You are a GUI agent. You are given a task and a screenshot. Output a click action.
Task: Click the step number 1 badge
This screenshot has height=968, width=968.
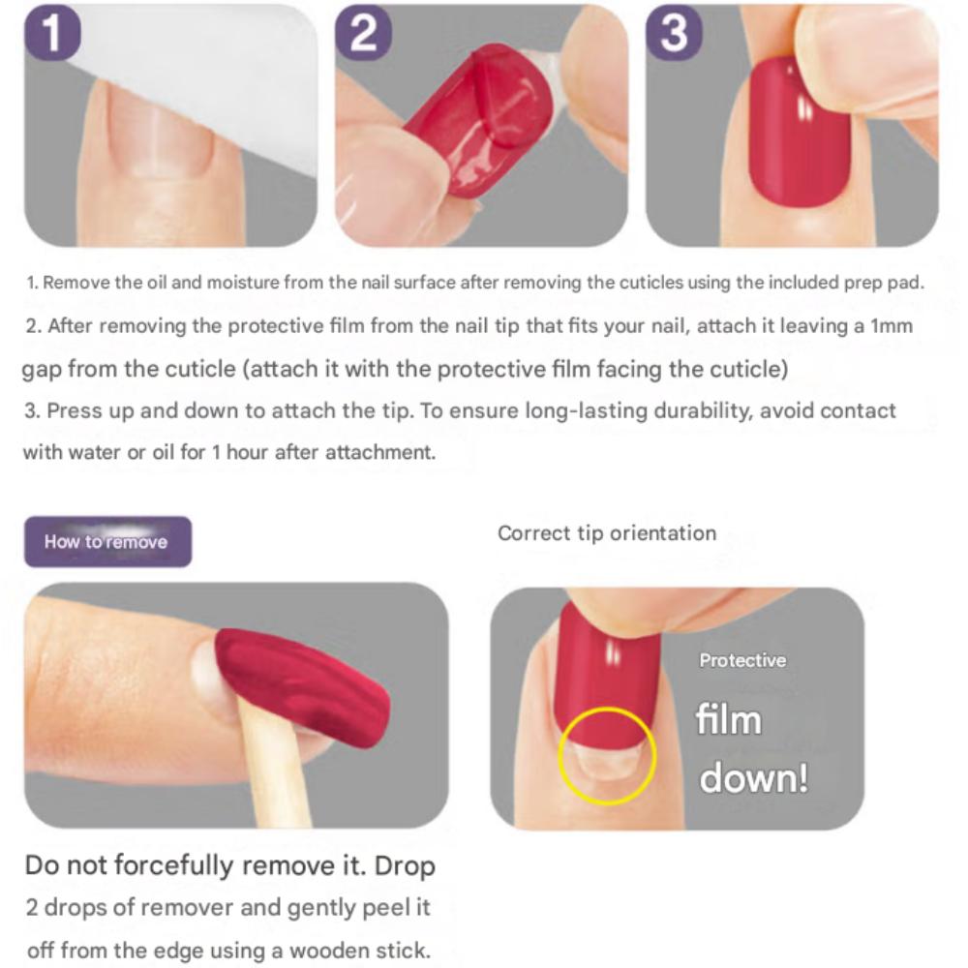tap(52, 33)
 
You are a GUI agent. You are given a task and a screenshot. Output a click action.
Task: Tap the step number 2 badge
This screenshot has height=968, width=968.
tap(364, 33)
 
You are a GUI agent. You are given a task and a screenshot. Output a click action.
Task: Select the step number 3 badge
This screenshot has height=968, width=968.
tap(674, 33)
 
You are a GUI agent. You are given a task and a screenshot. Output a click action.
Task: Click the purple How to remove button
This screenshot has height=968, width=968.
tap(108, 541)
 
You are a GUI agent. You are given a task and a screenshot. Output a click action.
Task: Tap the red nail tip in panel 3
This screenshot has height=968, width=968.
tap(799, 131)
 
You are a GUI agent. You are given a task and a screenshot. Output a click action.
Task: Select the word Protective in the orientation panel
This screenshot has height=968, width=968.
tap(742, 660)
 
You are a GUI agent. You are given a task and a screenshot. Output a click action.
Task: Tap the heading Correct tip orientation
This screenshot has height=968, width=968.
tap(607, 532)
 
